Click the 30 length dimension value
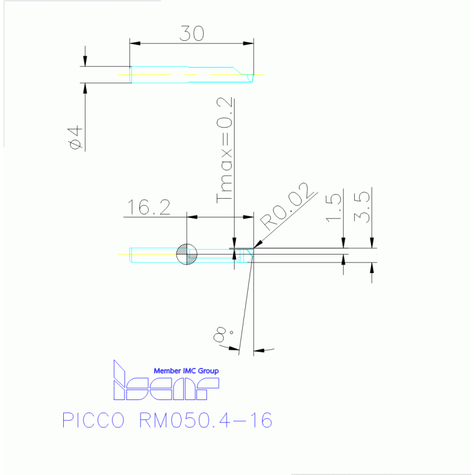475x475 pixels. click(192, 33)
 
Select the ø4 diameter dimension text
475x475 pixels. click(75, 137)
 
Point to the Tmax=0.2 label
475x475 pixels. click(224, 150)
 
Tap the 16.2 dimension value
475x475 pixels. click(149, 207)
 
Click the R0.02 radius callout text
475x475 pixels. click(286, 207)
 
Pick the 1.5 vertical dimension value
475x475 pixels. click(334, 208)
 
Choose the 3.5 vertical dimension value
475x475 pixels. click(362, 207)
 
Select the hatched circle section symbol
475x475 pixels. click(186, 254)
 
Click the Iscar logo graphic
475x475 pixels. click(166, 380)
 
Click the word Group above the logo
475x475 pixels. click(208, 371)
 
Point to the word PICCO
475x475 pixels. click(94, 420)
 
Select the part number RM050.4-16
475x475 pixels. click(206, 420)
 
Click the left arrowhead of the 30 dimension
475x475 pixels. click(135, 43)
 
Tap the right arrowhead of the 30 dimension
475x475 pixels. click(248, 43)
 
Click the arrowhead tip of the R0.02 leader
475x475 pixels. click(254, 248)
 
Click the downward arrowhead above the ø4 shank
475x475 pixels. click(85, 61)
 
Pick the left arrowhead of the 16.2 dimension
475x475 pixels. click(192, 217)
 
